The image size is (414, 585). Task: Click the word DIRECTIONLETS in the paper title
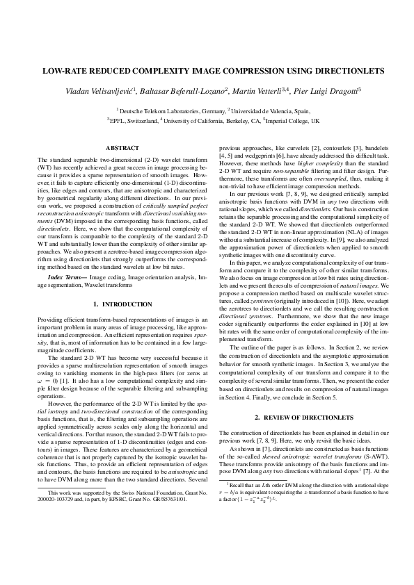[335, 72]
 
